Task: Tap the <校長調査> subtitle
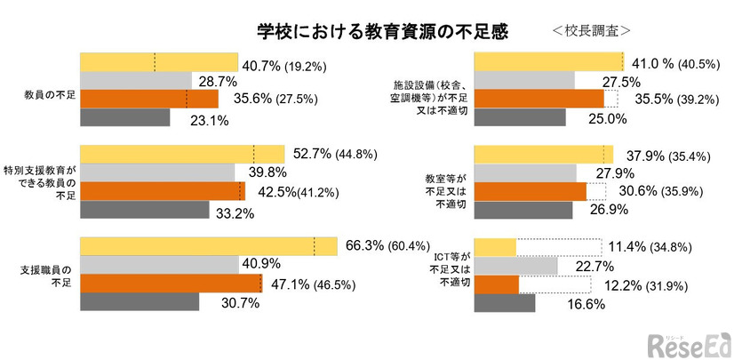tap(591, 30)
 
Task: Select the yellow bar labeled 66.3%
tap(209, 246)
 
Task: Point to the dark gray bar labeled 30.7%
tap(140, 302)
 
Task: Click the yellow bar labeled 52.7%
tap(182, 154)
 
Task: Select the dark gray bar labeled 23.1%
tap(124, 117)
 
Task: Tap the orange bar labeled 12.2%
tap(497, 284)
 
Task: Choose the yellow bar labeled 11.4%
tap(496, 246)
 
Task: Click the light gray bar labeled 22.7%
tap(516, 266)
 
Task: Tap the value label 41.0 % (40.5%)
tap(679, 64)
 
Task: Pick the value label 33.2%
tap(234, 212)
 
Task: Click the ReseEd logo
tap(686, 342)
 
